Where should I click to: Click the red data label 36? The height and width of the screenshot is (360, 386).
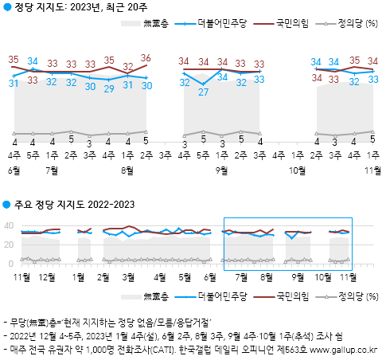(146, 58)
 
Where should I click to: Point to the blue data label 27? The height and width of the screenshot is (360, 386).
(203, 92)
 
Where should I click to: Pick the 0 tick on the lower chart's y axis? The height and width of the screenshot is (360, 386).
(11, 264)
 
